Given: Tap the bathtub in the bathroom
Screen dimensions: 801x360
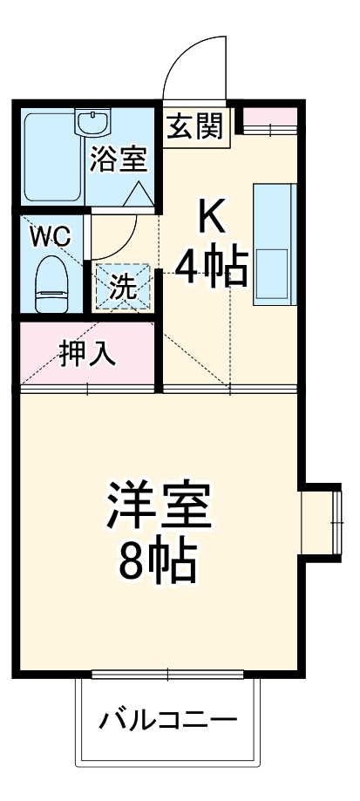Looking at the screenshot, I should pos(52,157).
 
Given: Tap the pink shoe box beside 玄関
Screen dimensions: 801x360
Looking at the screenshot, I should pos(268,119).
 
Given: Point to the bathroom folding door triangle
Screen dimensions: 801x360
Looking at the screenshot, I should pos(139,194).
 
